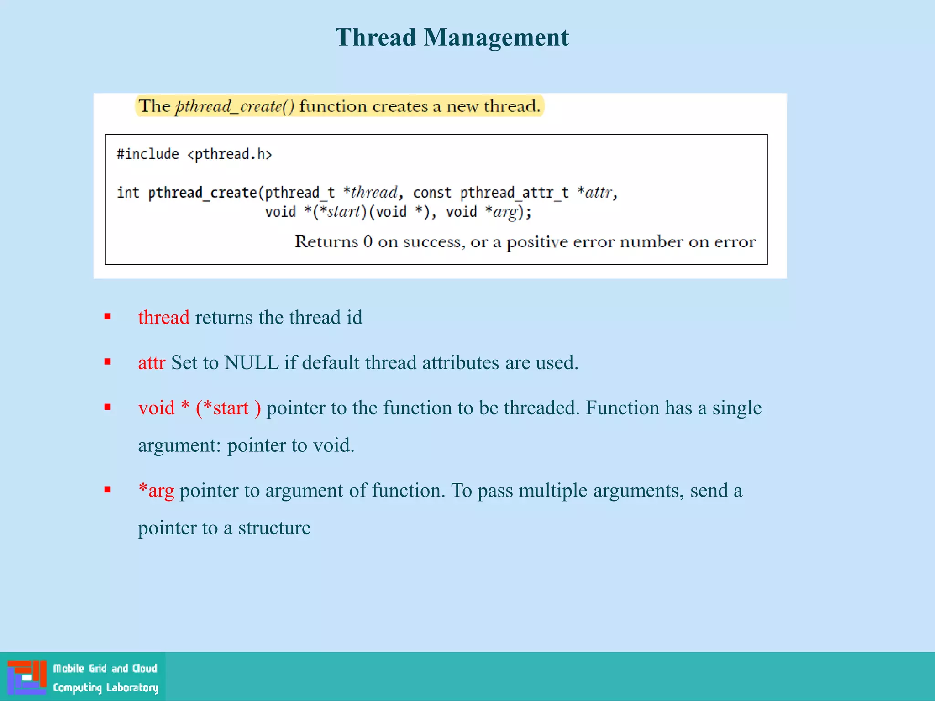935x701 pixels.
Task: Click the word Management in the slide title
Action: pyautogui.click(x=496, y=37)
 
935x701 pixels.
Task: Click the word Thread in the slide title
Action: pyautogui.click(x=375, y=37)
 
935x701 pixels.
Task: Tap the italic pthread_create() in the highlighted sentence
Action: pyautogui.click(x=235, y=106)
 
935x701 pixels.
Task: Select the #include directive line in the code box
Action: pyautogui.click(x=194, y=154)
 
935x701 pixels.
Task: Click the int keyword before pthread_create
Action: pyautogui.click(x=128, y=193)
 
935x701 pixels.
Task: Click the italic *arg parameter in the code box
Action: pyautogui.click(x=503, y=212)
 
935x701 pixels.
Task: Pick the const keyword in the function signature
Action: pyautogui.click(x=432, y=193)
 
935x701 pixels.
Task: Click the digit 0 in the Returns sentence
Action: pyautogui.click(x=368, y=241)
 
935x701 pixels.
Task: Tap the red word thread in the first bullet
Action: pyautogui.click(x=163, y=317)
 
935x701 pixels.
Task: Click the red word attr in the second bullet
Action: pyautogui.click(x=152, y=362)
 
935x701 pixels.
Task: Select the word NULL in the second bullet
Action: pyautogui.click(x=251, y=362)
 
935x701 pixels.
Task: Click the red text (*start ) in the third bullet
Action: pyautogui.click(x=228, y=408)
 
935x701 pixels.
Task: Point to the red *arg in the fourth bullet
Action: pyautogui.click(x=156, y=490)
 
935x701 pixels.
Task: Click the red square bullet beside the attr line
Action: pyautogui.click(x=108, y=362)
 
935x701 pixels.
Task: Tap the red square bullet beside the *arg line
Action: pyautogui.click(x=108, y=490)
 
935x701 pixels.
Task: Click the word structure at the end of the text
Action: pyautogui.click(x=274, y=528)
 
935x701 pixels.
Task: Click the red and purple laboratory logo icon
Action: pyautogui.click(x=27, y=677)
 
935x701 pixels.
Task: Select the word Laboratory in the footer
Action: pyautogui.click(x=132, y=687)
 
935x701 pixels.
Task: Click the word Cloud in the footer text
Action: pyautogui.click(x=145, y=668)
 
